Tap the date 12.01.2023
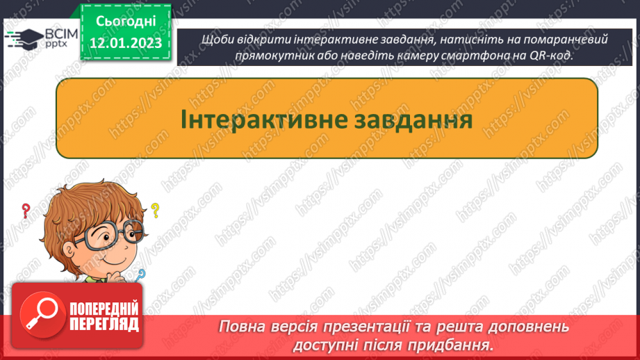125,44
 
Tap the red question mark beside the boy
26,210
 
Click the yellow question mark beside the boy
155,209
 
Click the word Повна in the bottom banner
243,326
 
